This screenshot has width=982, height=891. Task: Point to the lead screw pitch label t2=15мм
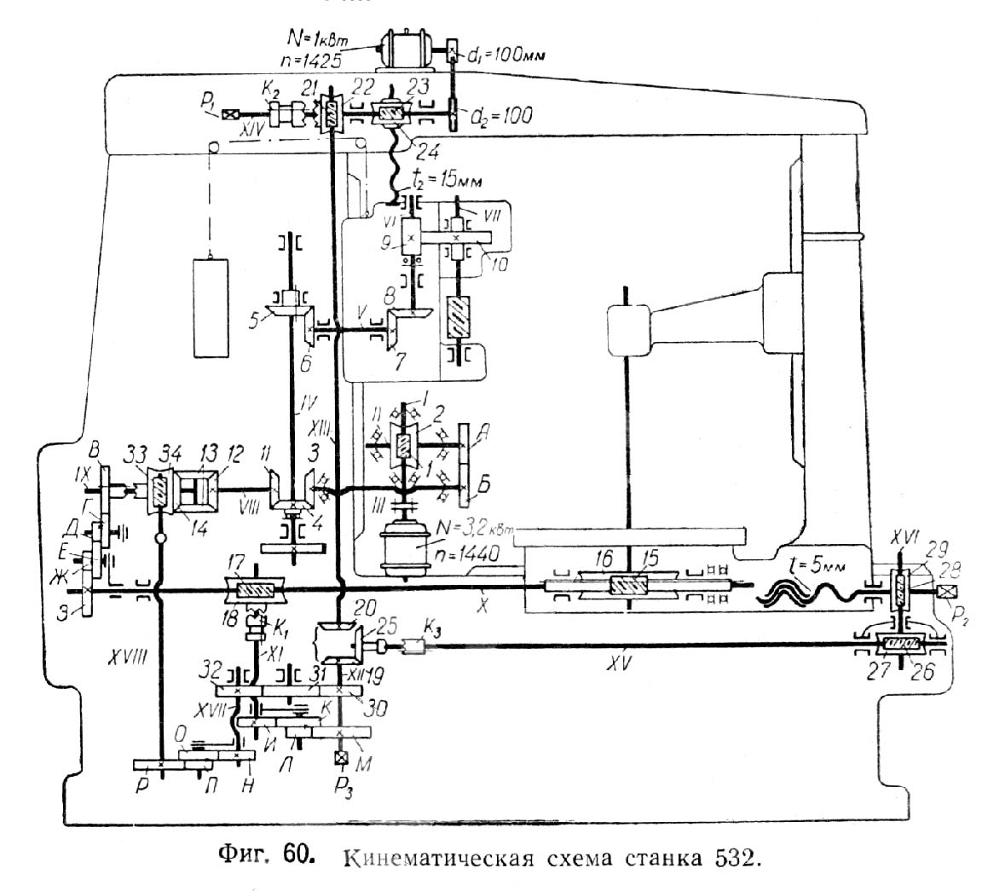click(x=443, y=181)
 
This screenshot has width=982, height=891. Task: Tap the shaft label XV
click(x=632, y=664)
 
